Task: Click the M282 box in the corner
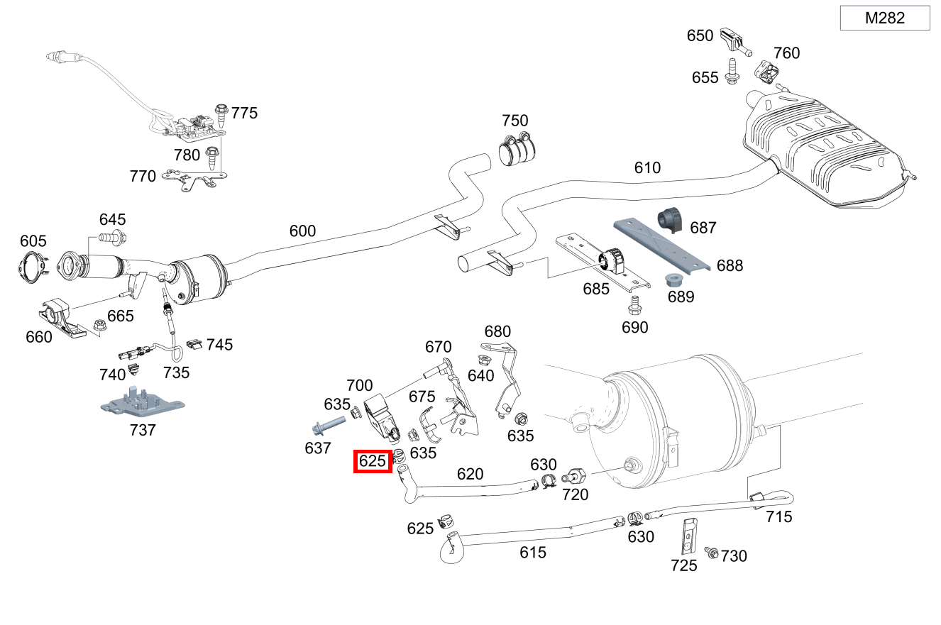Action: pos(884,18)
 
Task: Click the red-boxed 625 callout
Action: pos(373,461)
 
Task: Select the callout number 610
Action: pos(647,168)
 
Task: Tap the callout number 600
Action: pos(302,231)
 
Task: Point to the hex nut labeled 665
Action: pos(100,326)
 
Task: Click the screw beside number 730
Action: pos(710,552)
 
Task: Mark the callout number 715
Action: pos(778,516)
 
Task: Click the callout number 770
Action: pos(143,176)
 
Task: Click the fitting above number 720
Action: pos(573,476)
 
